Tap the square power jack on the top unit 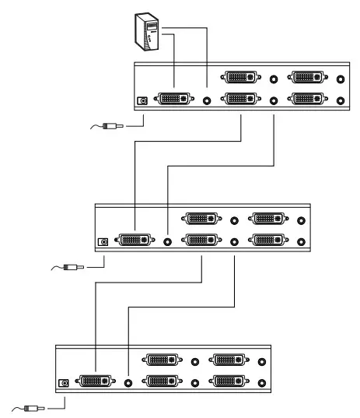click(142, 100)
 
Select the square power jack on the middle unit click(103, 241)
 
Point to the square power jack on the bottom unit click(65, 382)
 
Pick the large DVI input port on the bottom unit click(97, 381)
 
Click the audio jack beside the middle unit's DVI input click(168, 241)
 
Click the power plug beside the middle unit click(72, 267)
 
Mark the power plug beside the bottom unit click(33, 406)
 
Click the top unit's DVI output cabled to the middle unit click(241, 99)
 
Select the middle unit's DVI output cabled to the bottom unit click(202, 241)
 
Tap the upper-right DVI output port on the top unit click(309, 78)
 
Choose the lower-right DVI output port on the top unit click(309, 99)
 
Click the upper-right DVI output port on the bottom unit click(231, 360)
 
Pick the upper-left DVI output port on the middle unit click(202, 220)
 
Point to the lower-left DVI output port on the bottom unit click(163, 381)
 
